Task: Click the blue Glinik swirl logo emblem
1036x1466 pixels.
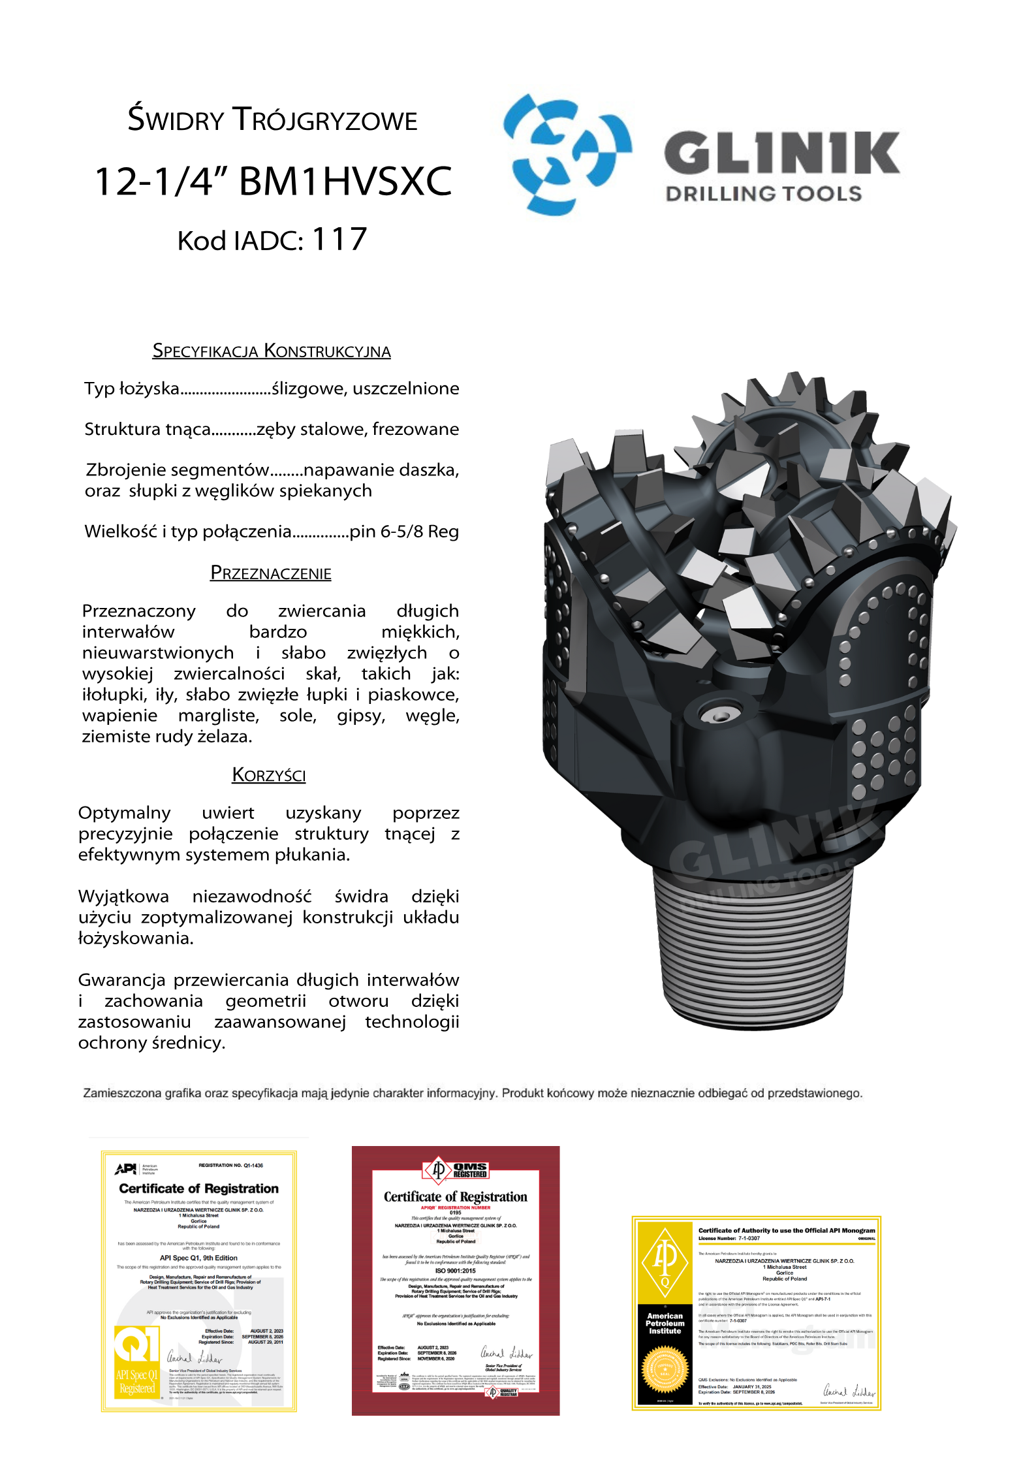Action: pos(567,154)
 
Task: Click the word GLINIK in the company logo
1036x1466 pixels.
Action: pos(781,153)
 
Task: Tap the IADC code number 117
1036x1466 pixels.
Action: pos(339,240)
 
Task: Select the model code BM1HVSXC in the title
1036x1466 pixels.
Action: pos(345,182)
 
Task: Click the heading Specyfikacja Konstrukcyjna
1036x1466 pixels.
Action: pos(272,351)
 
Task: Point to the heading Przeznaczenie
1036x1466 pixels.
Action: pos(271,573)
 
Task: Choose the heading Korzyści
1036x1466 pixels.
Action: pos(269,775)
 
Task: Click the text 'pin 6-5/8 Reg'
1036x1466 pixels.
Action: pos(404,532)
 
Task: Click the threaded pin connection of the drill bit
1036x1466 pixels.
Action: pos(753,947)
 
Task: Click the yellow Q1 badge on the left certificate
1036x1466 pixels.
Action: pos(136,1345)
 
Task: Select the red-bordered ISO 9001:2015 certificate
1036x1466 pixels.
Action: pos(456,1280)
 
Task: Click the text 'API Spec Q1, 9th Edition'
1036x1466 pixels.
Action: pos(198,1258)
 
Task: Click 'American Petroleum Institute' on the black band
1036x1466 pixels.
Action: pos(665,1323)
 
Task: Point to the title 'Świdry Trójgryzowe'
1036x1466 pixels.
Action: pos(272,120)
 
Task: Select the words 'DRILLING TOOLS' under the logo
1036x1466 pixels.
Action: pos(764,194)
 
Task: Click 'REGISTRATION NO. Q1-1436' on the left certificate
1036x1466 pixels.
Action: pos(230,1165)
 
